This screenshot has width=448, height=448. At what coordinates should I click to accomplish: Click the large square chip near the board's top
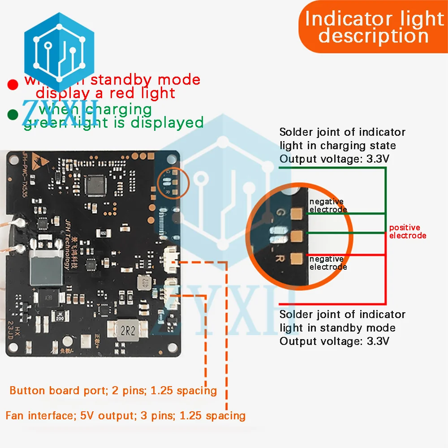click(x=97, y=184)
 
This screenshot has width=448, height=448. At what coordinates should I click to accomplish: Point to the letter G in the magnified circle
click(x=281, y=211)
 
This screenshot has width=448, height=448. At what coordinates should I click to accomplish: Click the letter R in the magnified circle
click(x=281, y=258)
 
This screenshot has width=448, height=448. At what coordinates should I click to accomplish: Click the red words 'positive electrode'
click(x=407, y=232)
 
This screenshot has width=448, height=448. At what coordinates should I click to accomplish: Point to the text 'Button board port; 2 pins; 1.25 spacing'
click(x=113, y=390)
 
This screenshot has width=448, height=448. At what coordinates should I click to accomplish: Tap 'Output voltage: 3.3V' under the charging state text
click(x=334, y=159)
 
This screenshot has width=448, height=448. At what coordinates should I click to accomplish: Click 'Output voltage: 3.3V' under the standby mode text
click(x=334, y=341)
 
